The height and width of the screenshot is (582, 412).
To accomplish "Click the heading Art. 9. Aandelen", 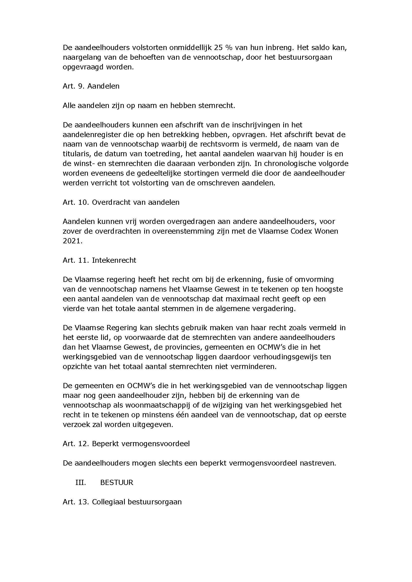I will click(x=91, y=86).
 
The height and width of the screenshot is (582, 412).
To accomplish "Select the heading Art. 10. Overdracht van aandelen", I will click(x=121, y=202).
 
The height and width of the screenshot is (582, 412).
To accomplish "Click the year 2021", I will click(x=72, y=241).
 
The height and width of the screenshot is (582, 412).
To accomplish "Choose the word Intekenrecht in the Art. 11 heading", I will click(x=114, y=260).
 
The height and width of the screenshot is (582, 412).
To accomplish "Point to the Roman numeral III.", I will click(x=80, y=482).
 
